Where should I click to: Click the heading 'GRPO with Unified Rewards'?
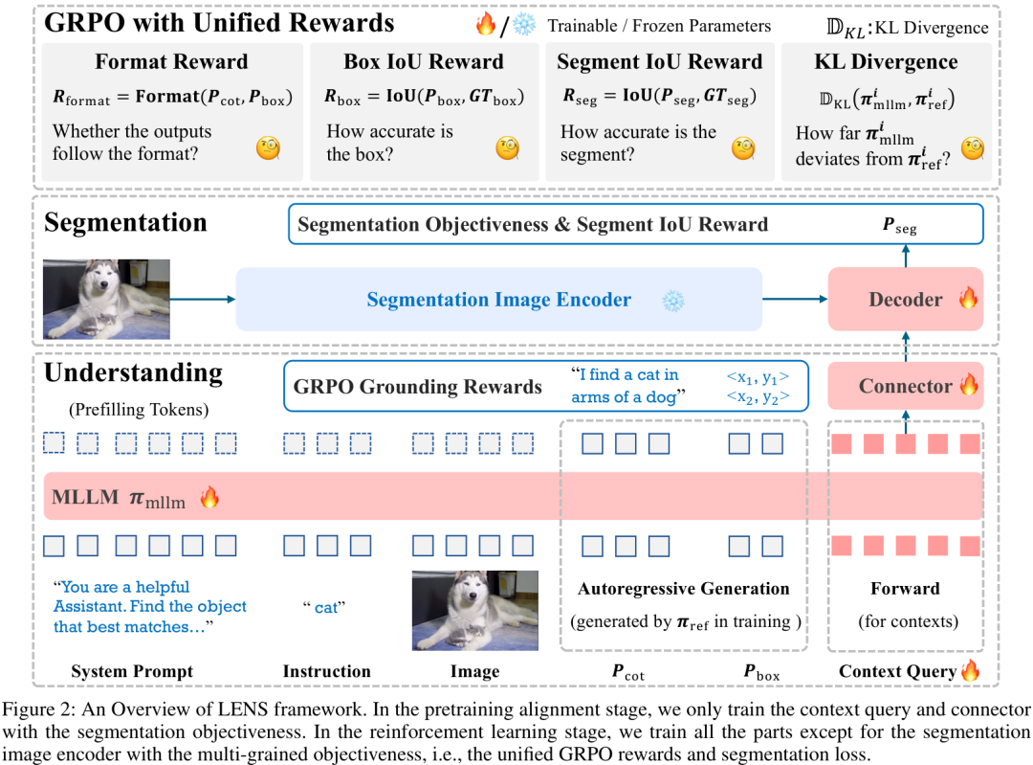point(219,22)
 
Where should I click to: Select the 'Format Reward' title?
point(171,63)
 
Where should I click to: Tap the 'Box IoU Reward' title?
point(423,63)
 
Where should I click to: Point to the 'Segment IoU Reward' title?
point(660,63)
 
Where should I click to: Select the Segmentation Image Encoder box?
point(498,300)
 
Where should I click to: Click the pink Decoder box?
point(905,300)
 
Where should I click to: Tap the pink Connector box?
point(905,386)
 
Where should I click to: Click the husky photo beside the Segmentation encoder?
point(106,300)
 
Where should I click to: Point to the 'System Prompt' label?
point(132,672)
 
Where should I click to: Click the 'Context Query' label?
point(898,672)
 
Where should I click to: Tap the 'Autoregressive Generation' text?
point(684,589)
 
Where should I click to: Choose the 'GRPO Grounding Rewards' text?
point(418,387)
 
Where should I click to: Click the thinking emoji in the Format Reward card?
point(268,147)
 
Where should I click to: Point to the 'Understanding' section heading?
point(133,371)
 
